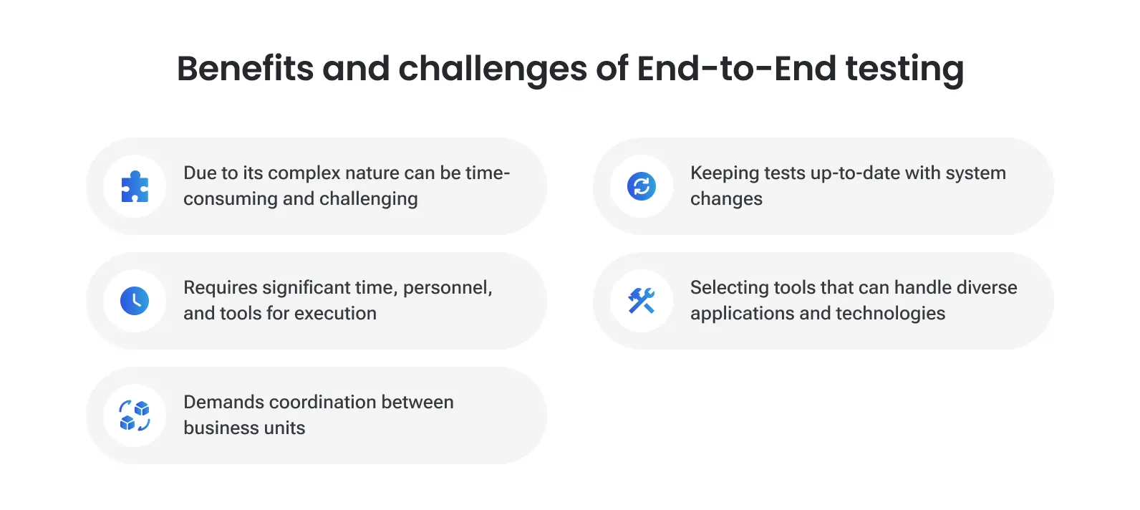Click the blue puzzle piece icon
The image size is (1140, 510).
point(135,186)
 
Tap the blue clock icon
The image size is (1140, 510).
point(135,301)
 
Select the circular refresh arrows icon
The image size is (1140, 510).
point(642,186)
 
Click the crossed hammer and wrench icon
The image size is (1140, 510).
point(642,301)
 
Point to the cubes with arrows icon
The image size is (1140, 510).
point(135,415)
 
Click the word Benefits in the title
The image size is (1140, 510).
point(245,69)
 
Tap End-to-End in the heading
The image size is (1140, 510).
point(736,69)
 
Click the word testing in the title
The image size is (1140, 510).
point(904,69)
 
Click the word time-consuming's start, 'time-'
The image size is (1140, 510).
point(488,173)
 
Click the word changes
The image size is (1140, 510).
point(726,199)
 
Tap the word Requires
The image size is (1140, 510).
point(221,288)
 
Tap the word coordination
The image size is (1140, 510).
point(322,403)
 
